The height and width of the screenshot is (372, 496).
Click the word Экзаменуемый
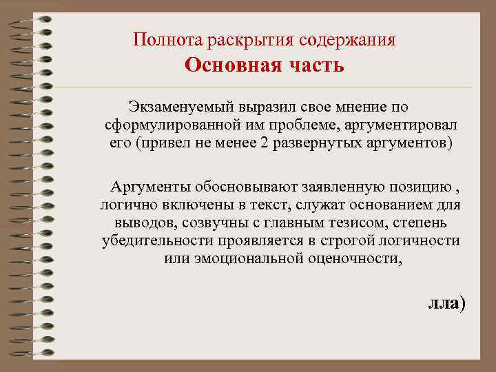(181, 107)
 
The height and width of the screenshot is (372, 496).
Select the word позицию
(424, 186)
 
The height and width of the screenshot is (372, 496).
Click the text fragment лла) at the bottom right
(446, 303)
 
